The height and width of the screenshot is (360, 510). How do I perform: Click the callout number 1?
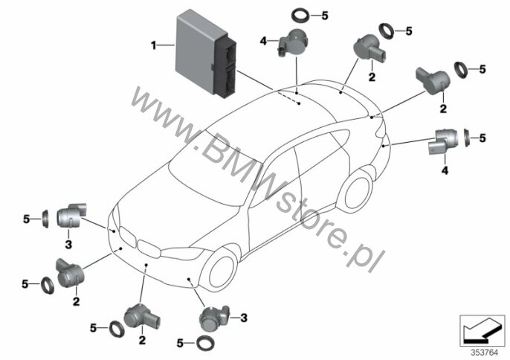click(153, 45)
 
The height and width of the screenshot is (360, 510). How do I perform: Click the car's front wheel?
click(219, 271)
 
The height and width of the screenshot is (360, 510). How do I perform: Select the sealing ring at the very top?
click(301, 16)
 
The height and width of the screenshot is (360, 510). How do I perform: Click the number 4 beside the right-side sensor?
click(445, 170)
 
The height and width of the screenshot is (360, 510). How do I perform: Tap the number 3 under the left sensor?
click(68, 244)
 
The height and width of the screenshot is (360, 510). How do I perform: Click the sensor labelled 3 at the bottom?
click(214, 318)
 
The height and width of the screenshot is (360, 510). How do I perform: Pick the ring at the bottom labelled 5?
click(204, 343)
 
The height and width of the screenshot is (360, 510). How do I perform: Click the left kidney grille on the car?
click(128, 236)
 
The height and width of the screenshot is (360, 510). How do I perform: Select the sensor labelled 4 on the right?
click(442, 140)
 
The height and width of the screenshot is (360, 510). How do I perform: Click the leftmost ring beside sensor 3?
click(45, 219)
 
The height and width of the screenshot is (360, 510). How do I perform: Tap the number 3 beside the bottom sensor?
click(244, 318)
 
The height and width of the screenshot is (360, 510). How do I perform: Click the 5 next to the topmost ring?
click(325, 16)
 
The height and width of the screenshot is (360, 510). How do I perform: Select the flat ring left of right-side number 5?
click(466, 138)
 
